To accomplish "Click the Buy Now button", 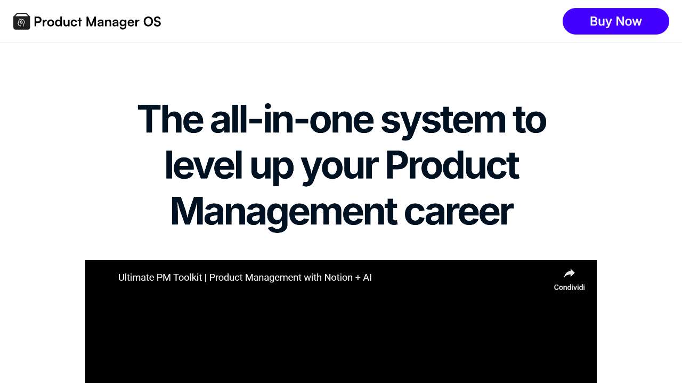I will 615,21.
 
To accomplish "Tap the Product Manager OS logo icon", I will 22,21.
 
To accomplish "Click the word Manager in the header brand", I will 112,22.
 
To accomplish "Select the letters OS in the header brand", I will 152,22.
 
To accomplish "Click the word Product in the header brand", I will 58,22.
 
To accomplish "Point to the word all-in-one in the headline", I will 291,120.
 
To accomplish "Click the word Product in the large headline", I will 452,165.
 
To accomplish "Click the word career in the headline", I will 458,212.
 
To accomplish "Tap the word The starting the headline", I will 170,120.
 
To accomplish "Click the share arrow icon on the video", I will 569,273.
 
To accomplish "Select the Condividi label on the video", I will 569,287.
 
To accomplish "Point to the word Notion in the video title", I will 338,278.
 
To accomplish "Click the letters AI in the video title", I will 367,278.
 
